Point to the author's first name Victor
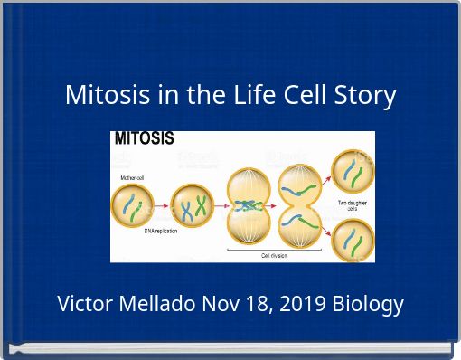(x=86, y=304)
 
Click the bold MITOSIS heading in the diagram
(x=144, y=140)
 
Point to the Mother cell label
(x=133, y=178)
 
